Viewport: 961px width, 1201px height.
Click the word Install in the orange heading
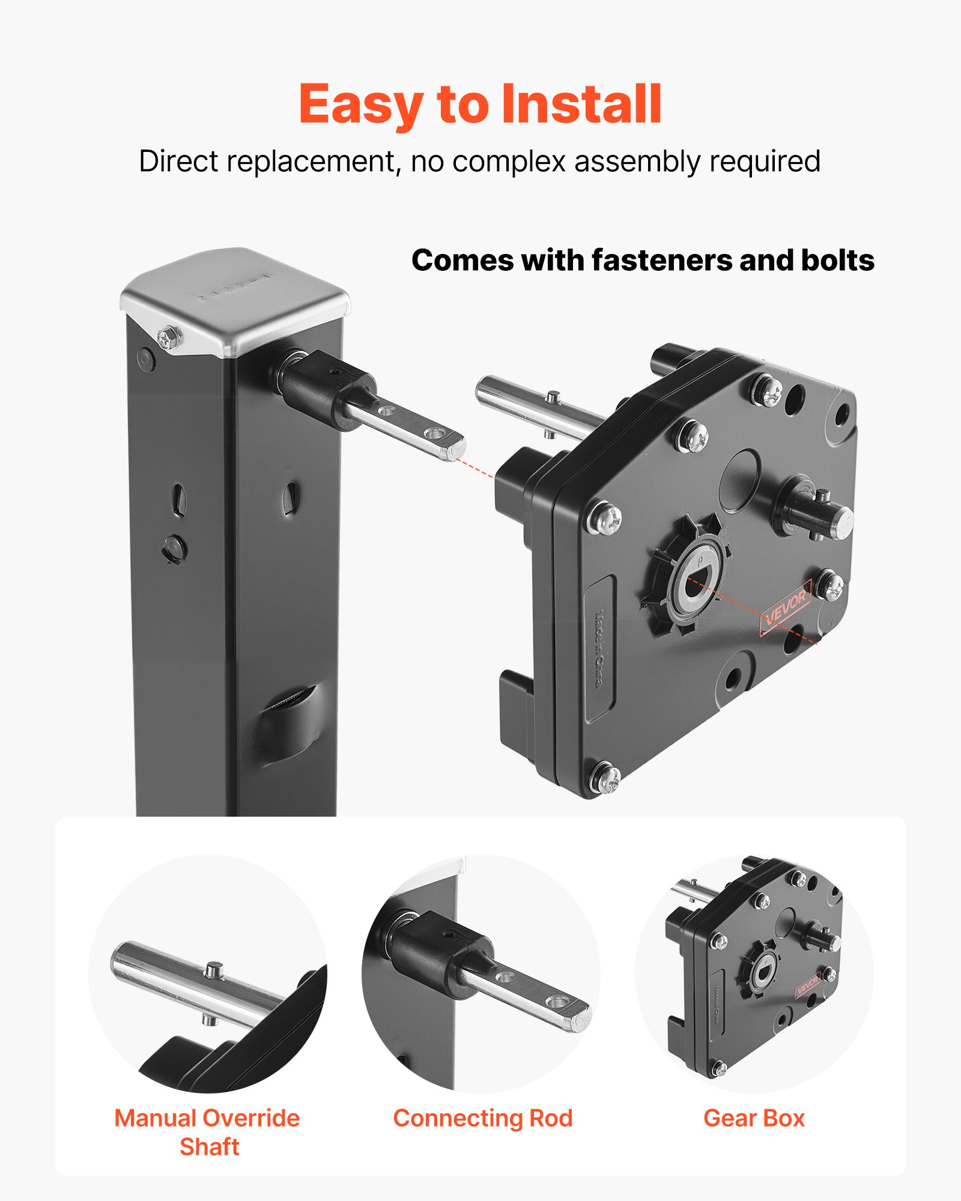point(581,105)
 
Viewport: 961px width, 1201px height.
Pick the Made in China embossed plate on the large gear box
point(599,649)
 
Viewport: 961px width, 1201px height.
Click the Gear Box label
point(754,1118)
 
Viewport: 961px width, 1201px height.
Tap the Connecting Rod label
point(483,1118)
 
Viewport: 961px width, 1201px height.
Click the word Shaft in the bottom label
point(210,1147)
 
